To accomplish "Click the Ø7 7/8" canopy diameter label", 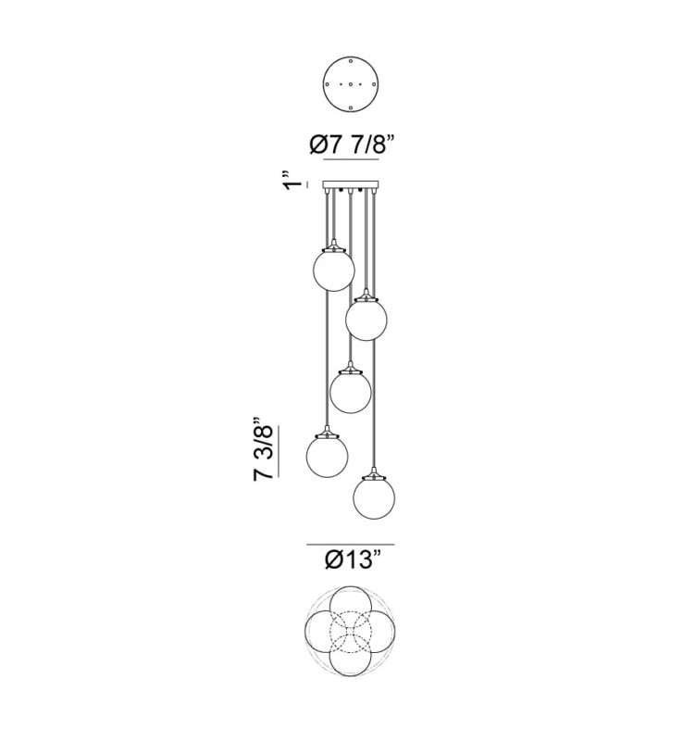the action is point(352,144).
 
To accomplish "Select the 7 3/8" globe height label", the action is point(264,449).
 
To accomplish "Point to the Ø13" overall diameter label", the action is point(353,560).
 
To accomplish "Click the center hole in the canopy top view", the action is point(351,84).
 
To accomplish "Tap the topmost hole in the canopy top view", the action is point(351,61).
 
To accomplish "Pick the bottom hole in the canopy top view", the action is point(351,108).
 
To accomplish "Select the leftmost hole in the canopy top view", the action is point(327,84).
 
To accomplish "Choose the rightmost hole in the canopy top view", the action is point(374,84).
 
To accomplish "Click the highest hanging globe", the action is point(334,270).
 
